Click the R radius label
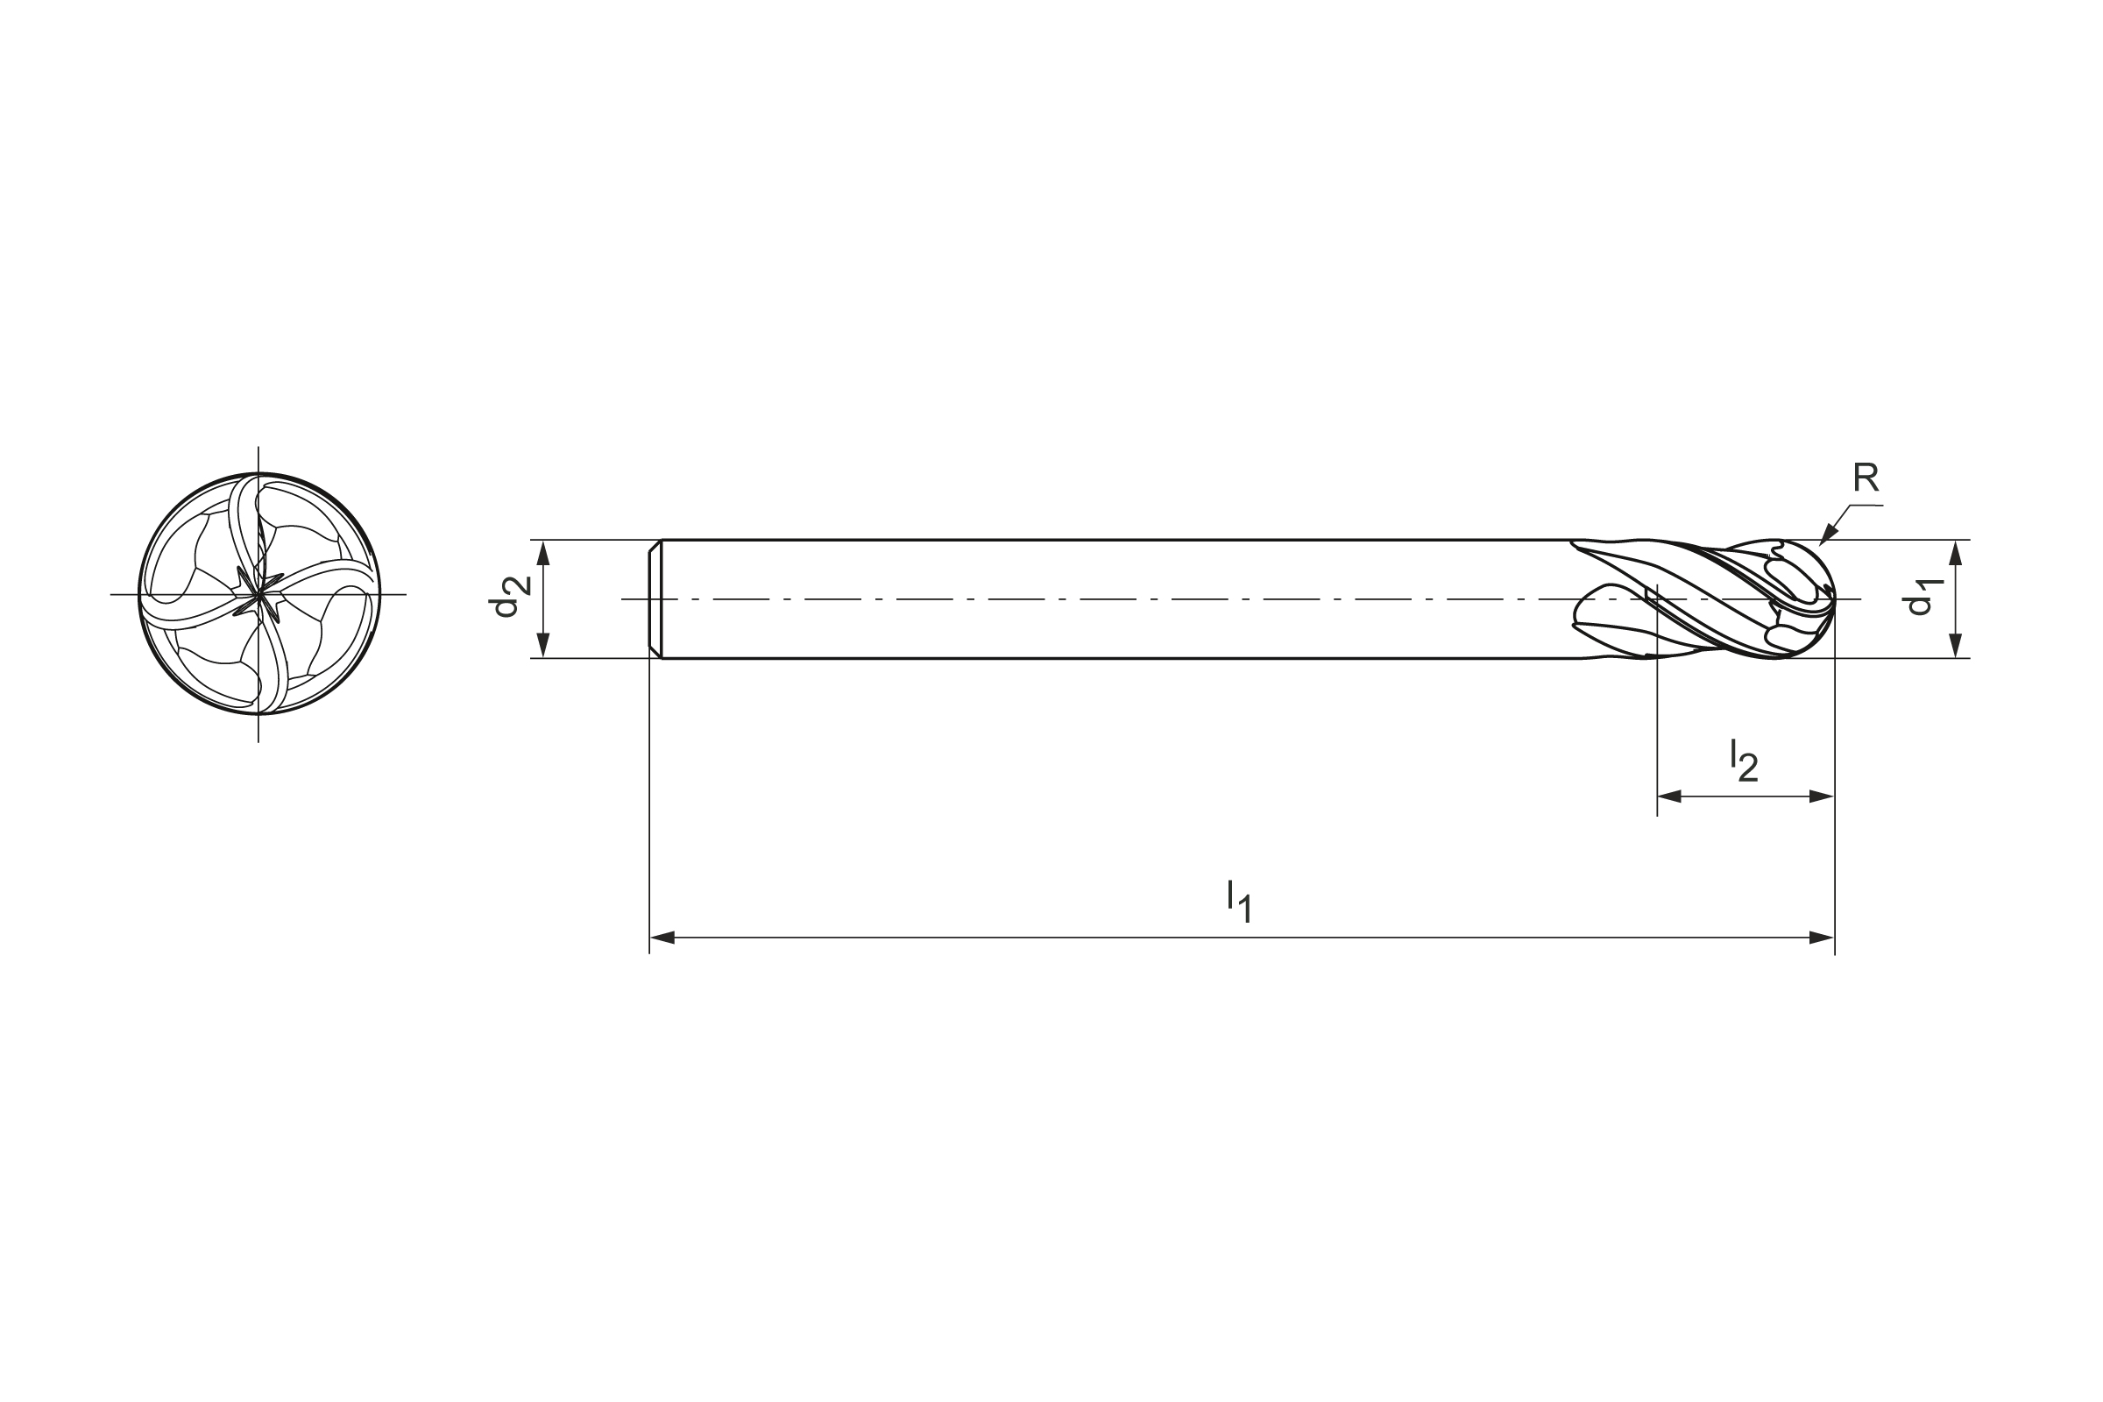tap(1866, 478)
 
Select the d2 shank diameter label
tap(508, 598)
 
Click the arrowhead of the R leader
tap(1827, 537)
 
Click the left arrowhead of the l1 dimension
tap(662, 938)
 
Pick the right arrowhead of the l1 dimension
tap(1823, 938)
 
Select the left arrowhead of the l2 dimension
tap(1669, 797)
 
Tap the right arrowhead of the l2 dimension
tap(1823, 797)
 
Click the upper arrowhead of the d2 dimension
tap(542, 553)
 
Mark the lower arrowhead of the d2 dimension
tap(542, 646)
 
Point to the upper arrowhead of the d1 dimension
tap(1956, 553)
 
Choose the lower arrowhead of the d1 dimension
tap(1956, 646)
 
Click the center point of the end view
tap(259, 595)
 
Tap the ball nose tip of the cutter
tap(1834, 600)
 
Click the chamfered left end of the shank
tap(655, 599)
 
